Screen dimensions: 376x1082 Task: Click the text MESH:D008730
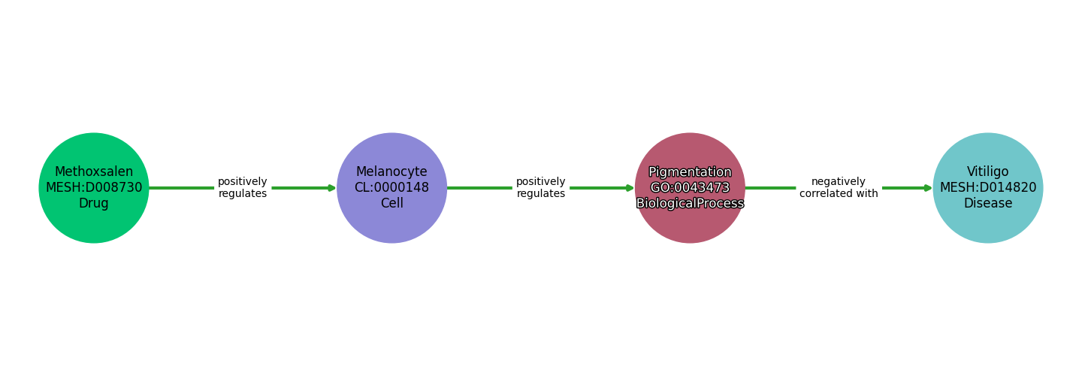94,188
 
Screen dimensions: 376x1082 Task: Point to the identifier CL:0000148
391,188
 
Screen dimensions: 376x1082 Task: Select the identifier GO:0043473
690,188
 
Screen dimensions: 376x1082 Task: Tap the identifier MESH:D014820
987,188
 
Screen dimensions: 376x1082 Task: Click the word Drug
94,204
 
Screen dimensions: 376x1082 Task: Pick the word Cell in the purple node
391,204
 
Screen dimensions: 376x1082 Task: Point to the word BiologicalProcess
690,204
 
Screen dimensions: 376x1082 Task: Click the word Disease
987,204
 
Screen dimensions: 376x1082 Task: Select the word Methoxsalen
94,172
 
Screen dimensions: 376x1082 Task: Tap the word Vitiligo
987,172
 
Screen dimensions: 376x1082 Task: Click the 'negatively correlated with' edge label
839,188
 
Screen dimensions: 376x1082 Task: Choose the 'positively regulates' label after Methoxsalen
243,188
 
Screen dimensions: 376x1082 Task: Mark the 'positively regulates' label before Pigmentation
540,188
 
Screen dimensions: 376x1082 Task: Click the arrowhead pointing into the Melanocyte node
332,188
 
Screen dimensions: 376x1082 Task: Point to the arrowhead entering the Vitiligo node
928,188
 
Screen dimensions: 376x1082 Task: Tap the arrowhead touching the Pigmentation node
630,188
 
